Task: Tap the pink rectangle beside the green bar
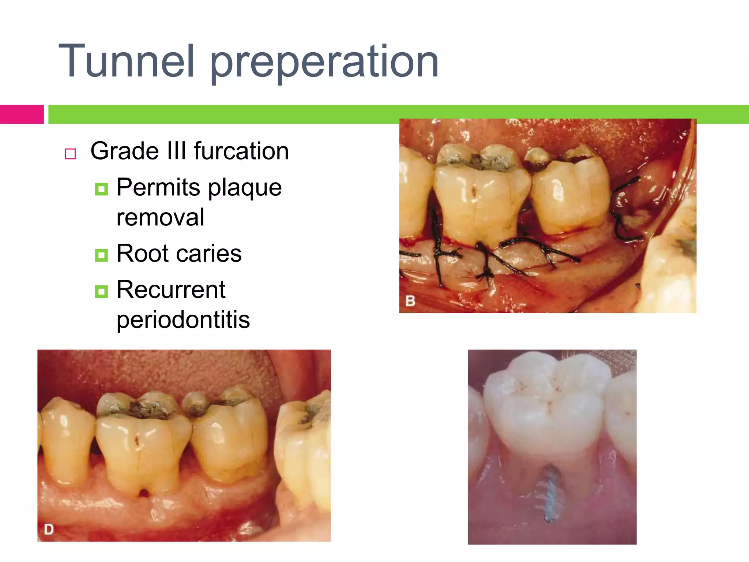point(22,114)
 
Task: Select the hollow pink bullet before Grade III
point(70,154)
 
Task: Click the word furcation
point(241,151)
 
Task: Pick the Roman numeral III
point(177,151)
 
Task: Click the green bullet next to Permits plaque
point(101,189)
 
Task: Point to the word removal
point(160,217)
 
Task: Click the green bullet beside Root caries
point(101,255)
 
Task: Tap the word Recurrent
point(171,289)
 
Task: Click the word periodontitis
point(183,320)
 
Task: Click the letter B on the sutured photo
point(410,301)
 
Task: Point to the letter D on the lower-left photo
point(49,529)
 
